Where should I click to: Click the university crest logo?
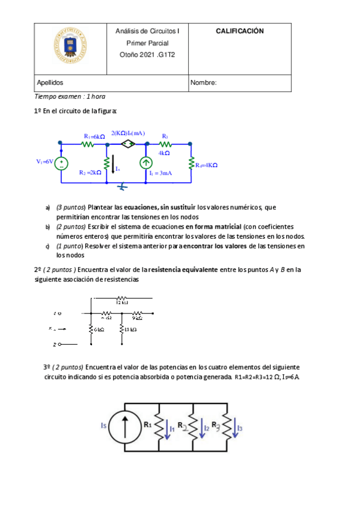(69, 46)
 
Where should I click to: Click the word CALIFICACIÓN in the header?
(240, 31)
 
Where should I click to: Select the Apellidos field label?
(50, 83)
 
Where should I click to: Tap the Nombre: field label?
(203, 83)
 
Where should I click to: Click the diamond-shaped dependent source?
(127, 144)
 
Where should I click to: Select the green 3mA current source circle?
(145, 162)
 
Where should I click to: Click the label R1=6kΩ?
(94, 137)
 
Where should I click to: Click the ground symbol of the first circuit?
(122, 187)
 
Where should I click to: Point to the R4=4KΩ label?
(206, 165)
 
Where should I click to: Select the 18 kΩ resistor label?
(134, 329)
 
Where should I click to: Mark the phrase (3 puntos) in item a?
(72, 207)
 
